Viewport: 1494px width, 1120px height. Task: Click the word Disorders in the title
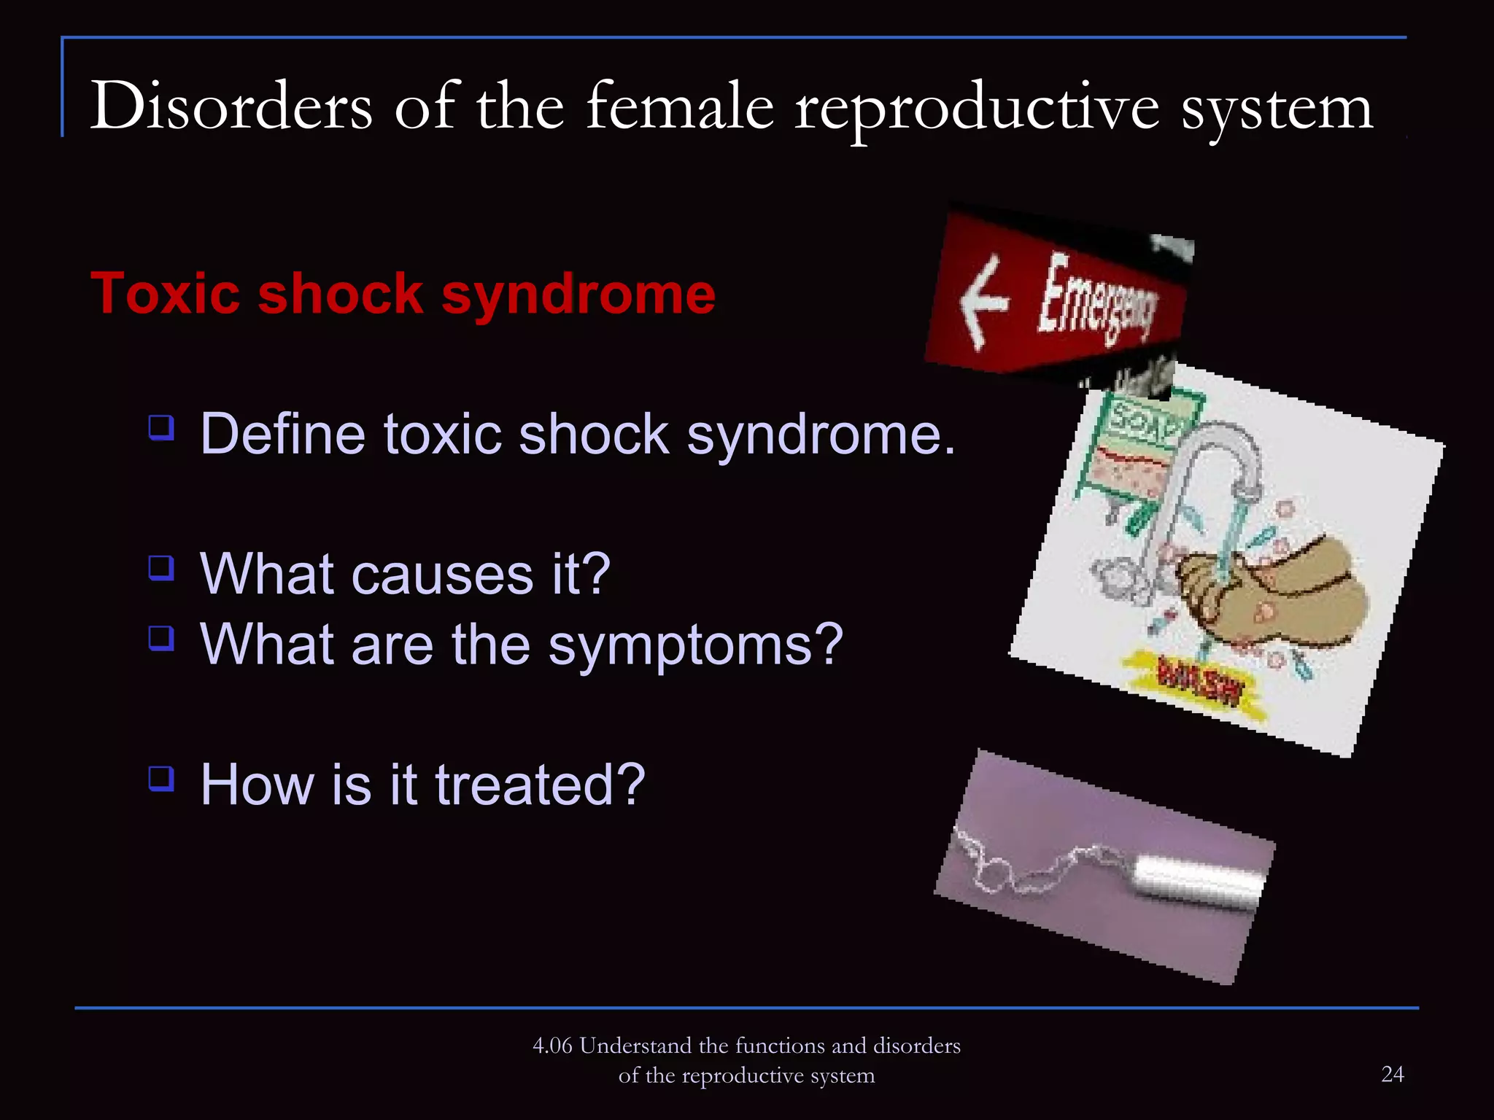coord(231,106)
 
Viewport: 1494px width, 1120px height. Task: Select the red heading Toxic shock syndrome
coord(403,293)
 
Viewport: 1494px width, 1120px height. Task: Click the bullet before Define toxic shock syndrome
coord(161,428)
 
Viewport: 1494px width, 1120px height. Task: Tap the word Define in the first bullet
coord(282,434)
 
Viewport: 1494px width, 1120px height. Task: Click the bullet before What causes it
coord(161,568)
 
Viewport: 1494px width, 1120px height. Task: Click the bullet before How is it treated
coord(161,778)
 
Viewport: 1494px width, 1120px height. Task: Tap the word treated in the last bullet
coord(540,785)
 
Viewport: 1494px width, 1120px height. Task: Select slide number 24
coord(1392,1074)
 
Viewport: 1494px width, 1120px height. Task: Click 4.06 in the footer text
coord(552,1046)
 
